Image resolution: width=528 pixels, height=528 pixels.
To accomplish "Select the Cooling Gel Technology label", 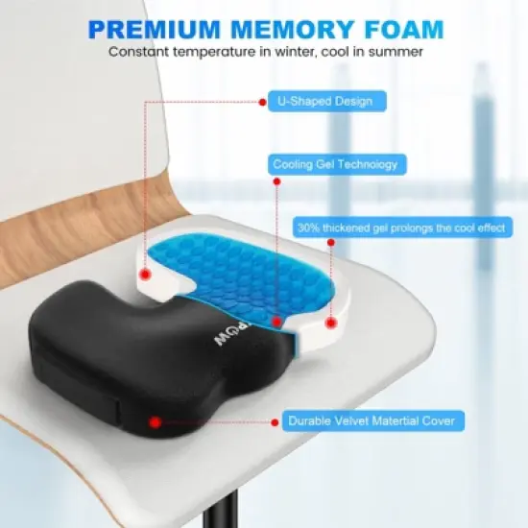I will point(334,164).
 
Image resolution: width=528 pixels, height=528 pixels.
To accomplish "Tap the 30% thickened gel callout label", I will point(401,228).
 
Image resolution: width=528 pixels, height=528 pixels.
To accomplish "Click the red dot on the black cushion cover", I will point(156,420).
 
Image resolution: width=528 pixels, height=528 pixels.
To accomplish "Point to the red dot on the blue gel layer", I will point(276,324).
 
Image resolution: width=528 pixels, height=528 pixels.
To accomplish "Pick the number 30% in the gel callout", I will point(309,228).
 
